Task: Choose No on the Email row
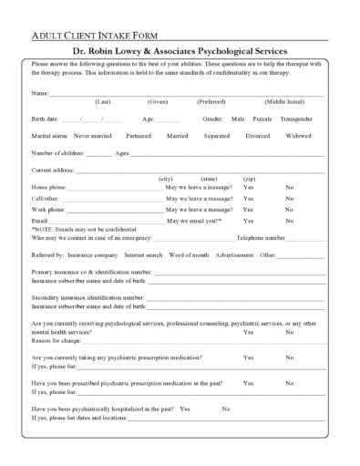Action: pos(290,221)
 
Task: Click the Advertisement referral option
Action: pos(234,255)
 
